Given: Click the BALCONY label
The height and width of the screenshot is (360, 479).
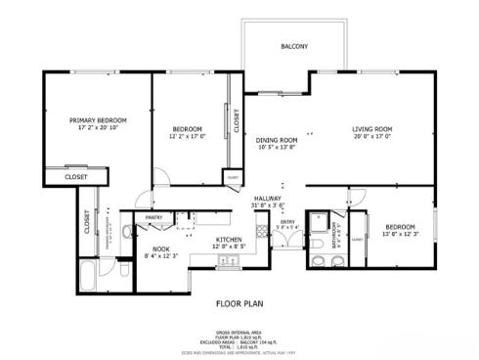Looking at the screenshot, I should click(x=294, y=47).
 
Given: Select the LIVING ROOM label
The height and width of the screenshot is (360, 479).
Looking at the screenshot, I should click(x=372, y=129).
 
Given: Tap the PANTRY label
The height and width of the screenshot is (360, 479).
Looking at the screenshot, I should click(x=153, y=218).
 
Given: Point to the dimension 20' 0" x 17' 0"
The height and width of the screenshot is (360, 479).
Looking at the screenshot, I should click(x=372, y=137).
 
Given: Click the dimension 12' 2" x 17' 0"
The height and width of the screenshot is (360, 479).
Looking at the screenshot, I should click(x=187, y=137).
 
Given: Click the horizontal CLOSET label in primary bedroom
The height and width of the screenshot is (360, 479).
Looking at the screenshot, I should click(x=75, y=177).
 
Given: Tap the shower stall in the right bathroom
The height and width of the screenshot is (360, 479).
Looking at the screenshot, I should click(x=319, y=226).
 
